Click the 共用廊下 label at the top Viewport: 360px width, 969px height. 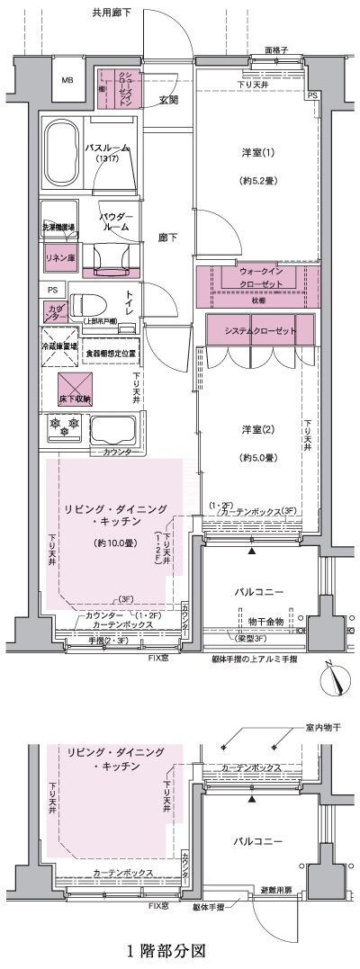pos(112,13)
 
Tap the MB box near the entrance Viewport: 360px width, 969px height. pos(67,81)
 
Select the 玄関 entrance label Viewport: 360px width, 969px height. pos(168,100)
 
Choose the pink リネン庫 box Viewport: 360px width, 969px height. pos(60,258)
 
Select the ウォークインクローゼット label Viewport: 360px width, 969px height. pos(261,276)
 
